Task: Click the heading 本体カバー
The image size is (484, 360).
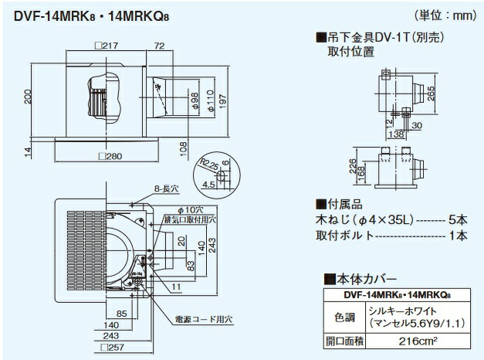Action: point(354,278)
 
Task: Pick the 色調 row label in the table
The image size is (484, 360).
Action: point(339,316)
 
